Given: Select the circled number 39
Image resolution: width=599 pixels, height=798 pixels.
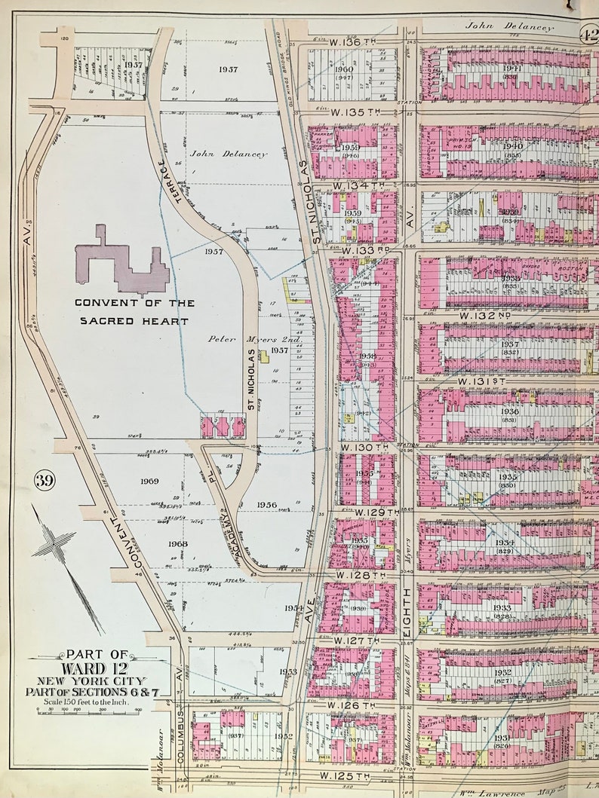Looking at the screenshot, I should point(42,479).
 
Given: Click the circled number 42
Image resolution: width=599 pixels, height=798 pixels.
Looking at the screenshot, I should point(590,33).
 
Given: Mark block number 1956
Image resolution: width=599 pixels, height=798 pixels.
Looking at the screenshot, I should point(266,505).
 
